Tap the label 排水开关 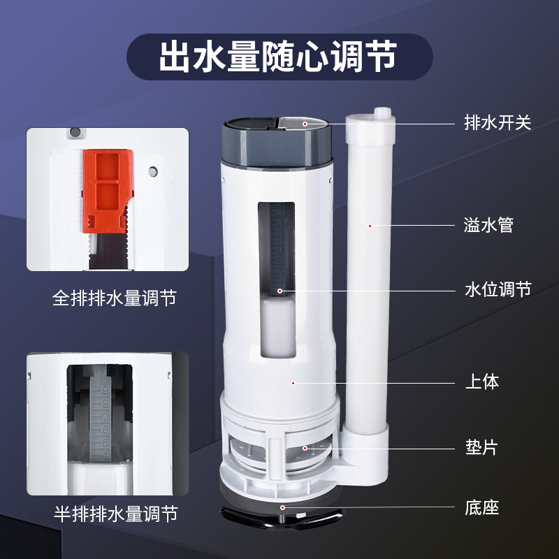(x=498, y=122)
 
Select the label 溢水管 (x=489, y=225)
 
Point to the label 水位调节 (x=498, y=289)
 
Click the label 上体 (x=482, y=382)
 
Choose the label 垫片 (x=482, y=447)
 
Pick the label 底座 (x=482, y=508)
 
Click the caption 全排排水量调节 (x=115, y=299)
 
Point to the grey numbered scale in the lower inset (x=99, y=419)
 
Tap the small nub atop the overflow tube (x=381, y=113)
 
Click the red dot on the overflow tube (x=370, y=225)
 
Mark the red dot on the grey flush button (x=305, y=123)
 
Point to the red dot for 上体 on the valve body (x=293, y=383)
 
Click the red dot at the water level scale (x=280, y=290)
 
